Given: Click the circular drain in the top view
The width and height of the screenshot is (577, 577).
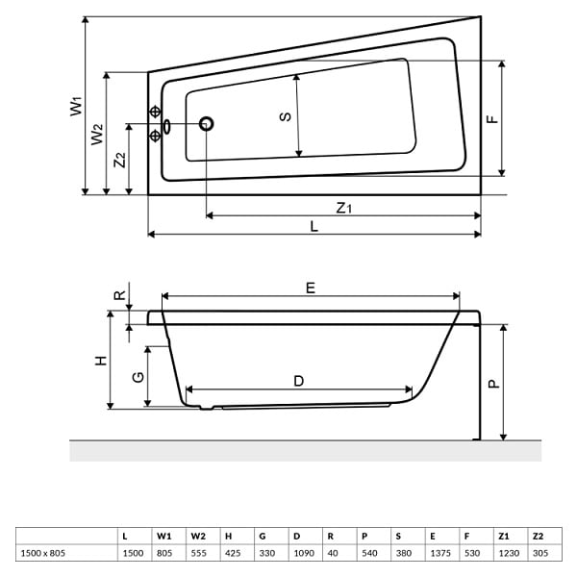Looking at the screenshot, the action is (207, 124).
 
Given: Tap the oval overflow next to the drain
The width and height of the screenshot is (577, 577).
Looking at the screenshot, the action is (166, 126).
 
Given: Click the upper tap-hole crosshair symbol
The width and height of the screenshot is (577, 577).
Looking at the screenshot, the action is (155, 112).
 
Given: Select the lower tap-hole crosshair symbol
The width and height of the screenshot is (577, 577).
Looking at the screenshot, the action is (155, 136).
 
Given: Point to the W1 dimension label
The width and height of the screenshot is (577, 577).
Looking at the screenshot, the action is (77, 107).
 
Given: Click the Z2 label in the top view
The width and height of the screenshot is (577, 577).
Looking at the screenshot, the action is (120, 160).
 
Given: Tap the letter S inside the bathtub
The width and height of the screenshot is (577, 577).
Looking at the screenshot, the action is (286, 116).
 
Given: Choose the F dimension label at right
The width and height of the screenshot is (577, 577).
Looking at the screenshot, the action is (492, 119).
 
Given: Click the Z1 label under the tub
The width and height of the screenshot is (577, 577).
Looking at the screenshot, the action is (344, 208).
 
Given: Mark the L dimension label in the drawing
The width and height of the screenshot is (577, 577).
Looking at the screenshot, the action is (314, 226).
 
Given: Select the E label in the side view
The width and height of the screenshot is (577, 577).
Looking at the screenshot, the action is (311, 288).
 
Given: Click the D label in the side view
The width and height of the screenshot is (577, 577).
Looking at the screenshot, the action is (299, 381).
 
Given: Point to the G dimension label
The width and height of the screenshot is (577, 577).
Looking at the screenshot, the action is (138, 377).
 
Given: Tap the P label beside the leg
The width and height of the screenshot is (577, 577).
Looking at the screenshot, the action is (494, 384).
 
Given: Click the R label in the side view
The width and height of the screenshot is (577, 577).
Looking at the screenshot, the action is (120, 295).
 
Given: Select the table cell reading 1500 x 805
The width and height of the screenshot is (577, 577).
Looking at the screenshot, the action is (43, 553).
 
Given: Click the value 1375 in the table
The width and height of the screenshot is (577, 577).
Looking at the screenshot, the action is (440, 553).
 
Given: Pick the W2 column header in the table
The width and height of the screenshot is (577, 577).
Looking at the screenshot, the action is (198, 537).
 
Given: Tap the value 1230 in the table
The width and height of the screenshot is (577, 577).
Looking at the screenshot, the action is (509, 553).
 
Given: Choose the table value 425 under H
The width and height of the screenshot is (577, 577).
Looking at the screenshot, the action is (233, 553).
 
